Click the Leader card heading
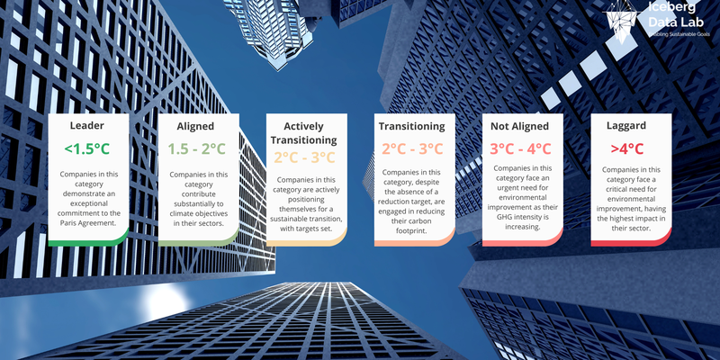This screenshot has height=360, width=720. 87,125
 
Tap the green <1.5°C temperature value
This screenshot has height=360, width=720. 87,148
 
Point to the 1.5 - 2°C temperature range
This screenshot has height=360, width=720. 198,148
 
